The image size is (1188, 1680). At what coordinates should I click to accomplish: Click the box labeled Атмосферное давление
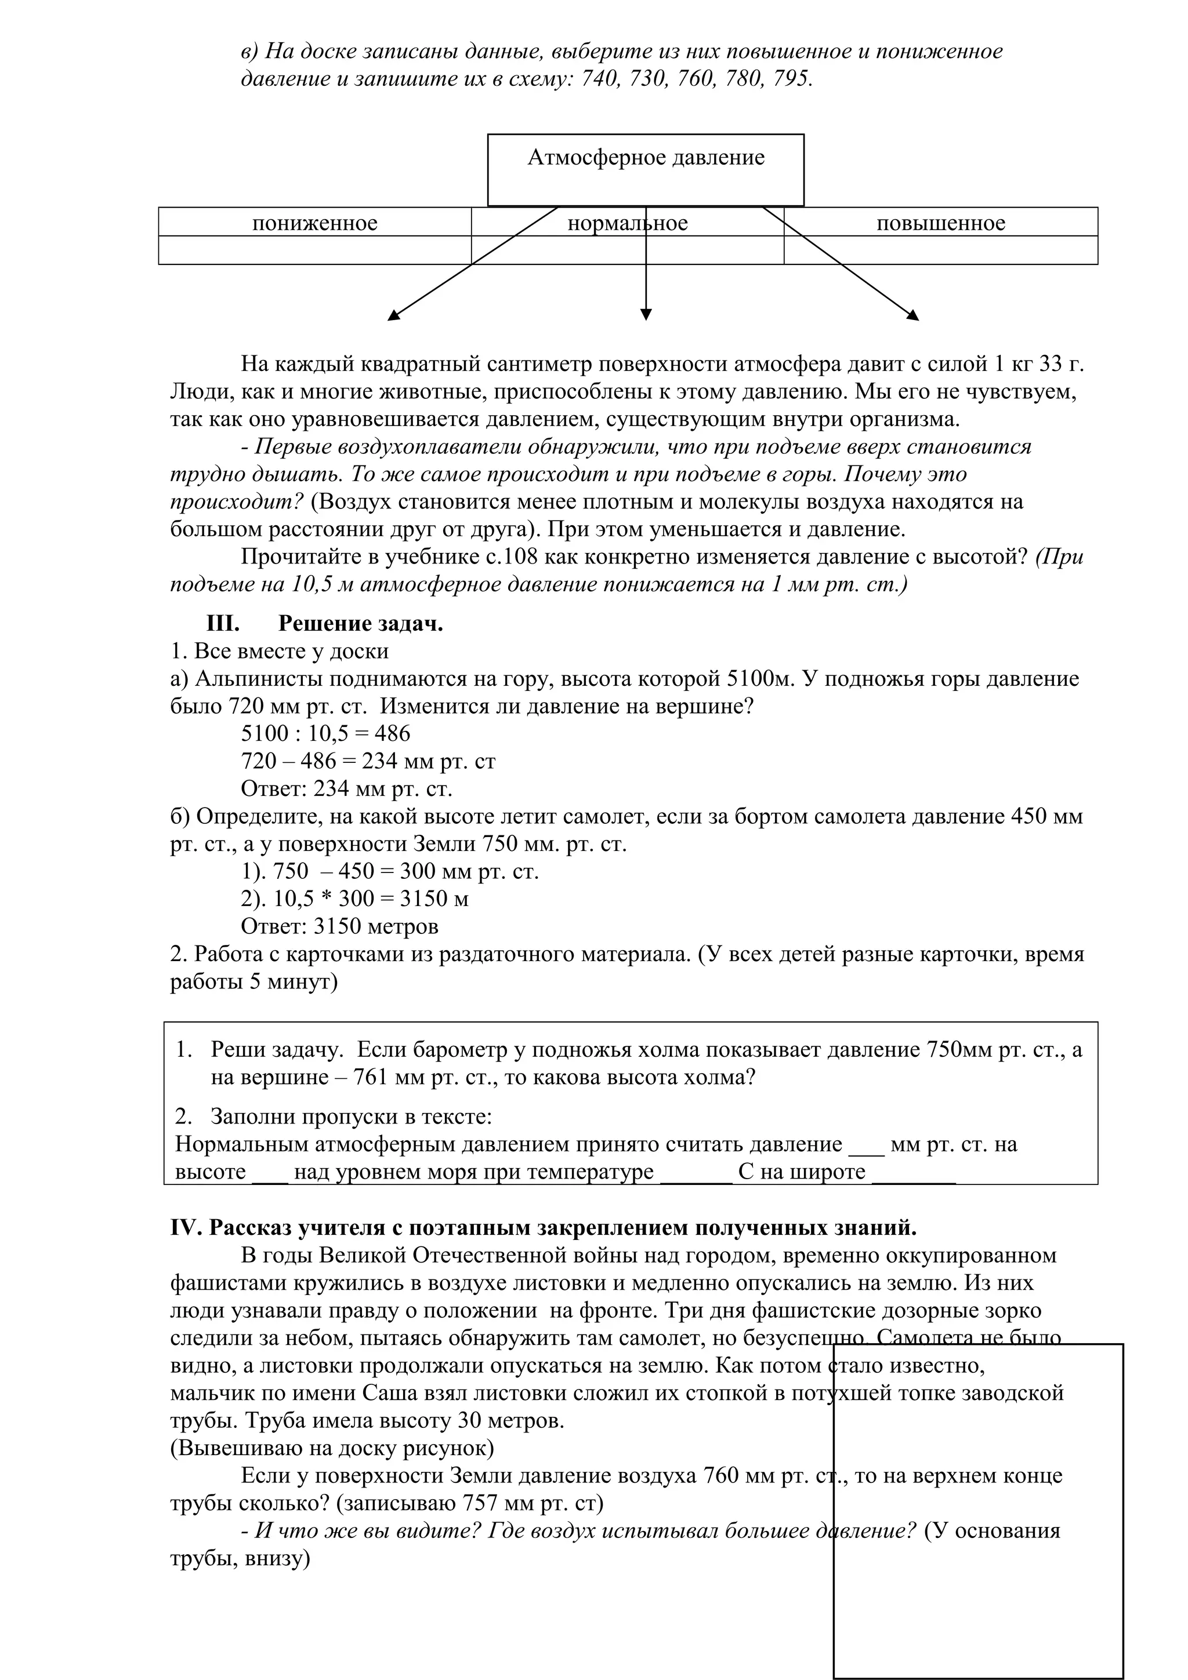645,169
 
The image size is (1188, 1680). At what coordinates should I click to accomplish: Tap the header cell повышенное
940,223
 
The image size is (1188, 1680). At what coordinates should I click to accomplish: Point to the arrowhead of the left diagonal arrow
393,315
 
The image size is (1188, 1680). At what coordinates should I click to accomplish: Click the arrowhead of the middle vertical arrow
645,315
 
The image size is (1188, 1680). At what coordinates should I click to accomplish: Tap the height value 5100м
760,678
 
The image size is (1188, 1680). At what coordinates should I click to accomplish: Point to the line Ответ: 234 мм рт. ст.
346,789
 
